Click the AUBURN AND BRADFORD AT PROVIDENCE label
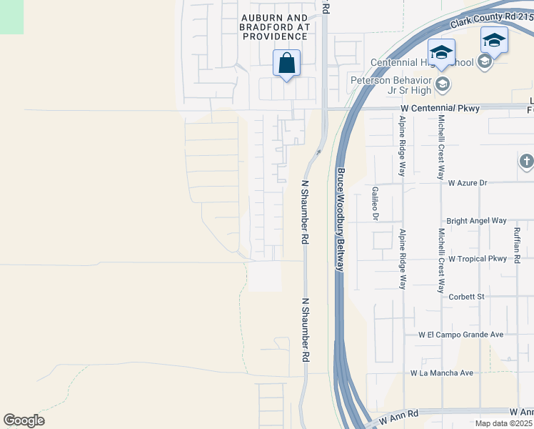coord(275,26)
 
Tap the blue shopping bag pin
coord(286,63)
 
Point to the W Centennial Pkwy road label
coord(443,108)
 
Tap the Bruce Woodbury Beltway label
coord(341,219)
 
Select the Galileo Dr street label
coord(375,202)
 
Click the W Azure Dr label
coord(468,183)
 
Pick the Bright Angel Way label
coord(476,221)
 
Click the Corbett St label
coord(465,296)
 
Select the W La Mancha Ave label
coord(442,373)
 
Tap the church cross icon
coord(527,162)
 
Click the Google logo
coord(24,420)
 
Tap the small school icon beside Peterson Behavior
coord(442,86)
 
